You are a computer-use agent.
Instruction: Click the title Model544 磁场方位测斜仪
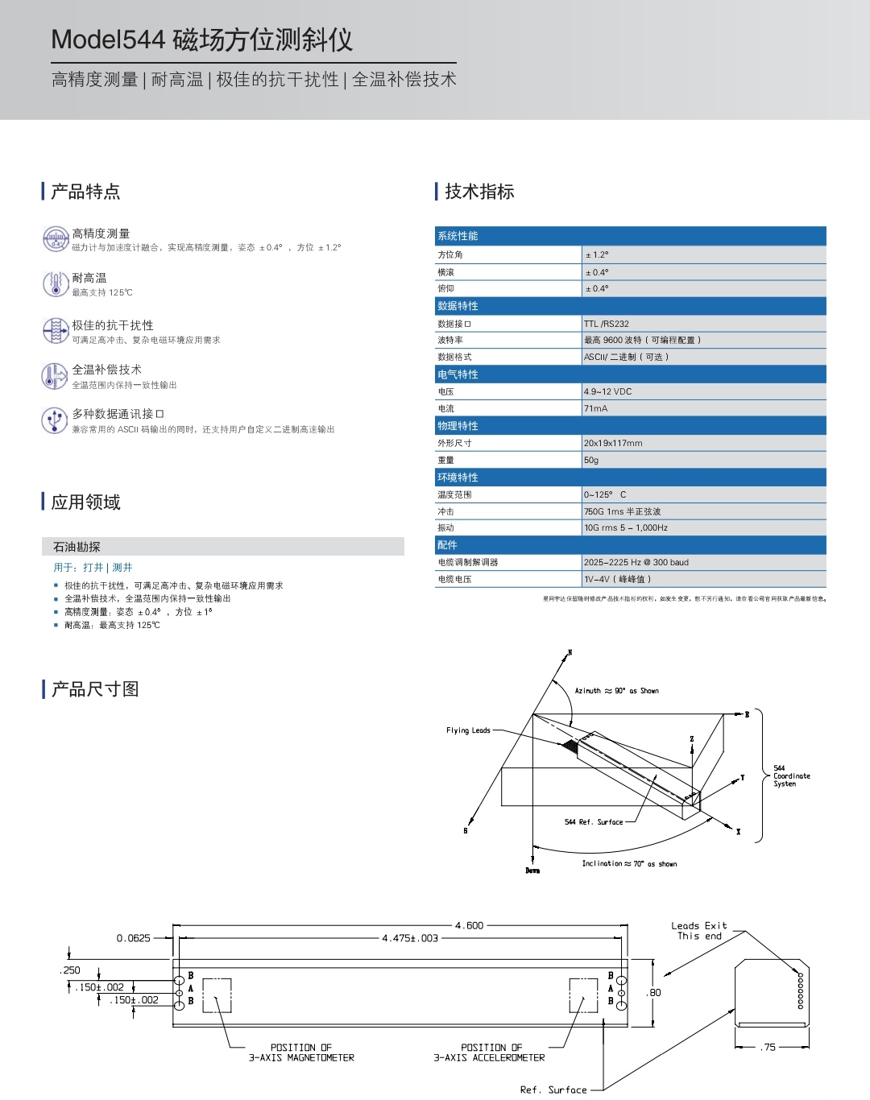201,39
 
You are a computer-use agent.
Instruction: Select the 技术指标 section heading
479,192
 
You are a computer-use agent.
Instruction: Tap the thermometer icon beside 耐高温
55,284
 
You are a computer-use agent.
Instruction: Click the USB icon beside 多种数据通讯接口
55,420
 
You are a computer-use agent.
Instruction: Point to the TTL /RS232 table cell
607,324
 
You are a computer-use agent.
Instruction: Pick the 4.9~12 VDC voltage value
608,391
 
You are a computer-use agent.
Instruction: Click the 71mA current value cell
596,408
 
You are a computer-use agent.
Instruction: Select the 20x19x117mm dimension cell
613,443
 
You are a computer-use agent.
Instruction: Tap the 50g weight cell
591,460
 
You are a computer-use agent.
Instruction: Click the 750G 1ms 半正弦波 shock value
623,511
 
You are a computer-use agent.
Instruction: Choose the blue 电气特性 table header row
630,374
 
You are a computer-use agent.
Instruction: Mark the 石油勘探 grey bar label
77,547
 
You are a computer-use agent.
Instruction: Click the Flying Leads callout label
468,730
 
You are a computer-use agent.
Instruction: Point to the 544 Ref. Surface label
594,822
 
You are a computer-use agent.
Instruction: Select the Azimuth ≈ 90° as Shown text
616,691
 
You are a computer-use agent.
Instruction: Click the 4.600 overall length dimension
469,926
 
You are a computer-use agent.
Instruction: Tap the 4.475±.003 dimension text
410,938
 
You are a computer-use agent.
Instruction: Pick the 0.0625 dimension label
134,938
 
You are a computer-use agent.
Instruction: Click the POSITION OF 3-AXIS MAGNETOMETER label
301,1052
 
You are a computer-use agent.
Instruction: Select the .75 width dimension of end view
769,1047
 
